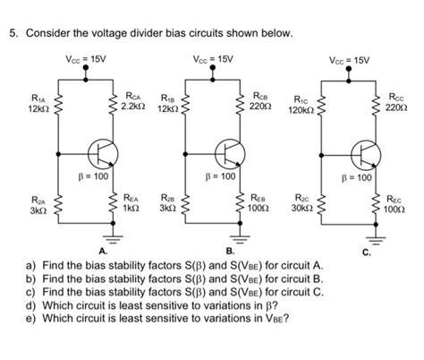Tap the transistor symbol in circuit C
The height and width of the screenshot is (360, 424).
coord(364,155)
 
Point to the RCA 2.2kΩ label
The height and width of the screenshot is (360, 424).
coord(134,99)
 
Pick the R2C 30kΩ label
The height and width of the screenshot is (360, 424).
coord(302,207)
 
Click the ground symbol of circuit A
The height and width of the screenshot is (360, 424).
coord(112,239)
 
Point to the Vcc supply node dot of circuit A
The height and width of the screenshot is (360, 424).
coord(86,78)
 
